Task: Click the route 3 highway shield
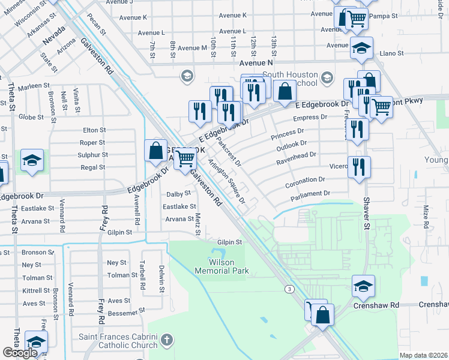coord(291,289)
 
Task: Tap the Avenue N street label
coord(256,62)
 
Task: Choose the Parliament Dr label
coord(311,193)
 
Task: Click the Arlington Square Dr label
coord(227,181)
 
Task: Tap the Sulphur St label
coord(93,155)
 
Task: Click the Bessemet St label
coord(125,311)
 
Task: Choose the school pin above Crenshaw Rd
coord(363,287)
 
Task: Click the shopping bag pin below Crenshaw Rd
coord(322,314)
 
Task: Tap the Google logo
coord(20,353)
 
